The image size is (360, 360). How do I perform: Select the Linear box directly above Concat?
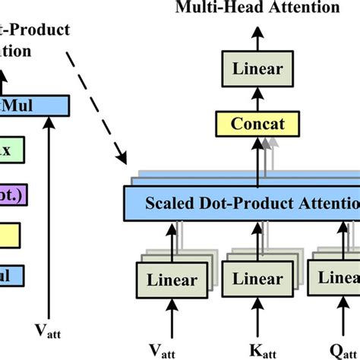pyautogui.click(x=257, y=69)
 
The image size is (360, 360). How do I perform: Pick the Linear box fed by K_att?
pyautogui.click(x=257, y=279)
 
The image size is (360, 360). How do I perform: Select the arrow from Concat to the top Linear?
pyautogui.click(x=257, y=97)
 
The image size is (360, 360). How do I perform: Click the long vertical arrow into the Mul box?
pyautogui.click(x=50, y=220)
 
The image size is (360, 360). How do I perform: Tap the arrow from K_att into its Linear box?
pyautogui.click(x=257, y=317)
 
